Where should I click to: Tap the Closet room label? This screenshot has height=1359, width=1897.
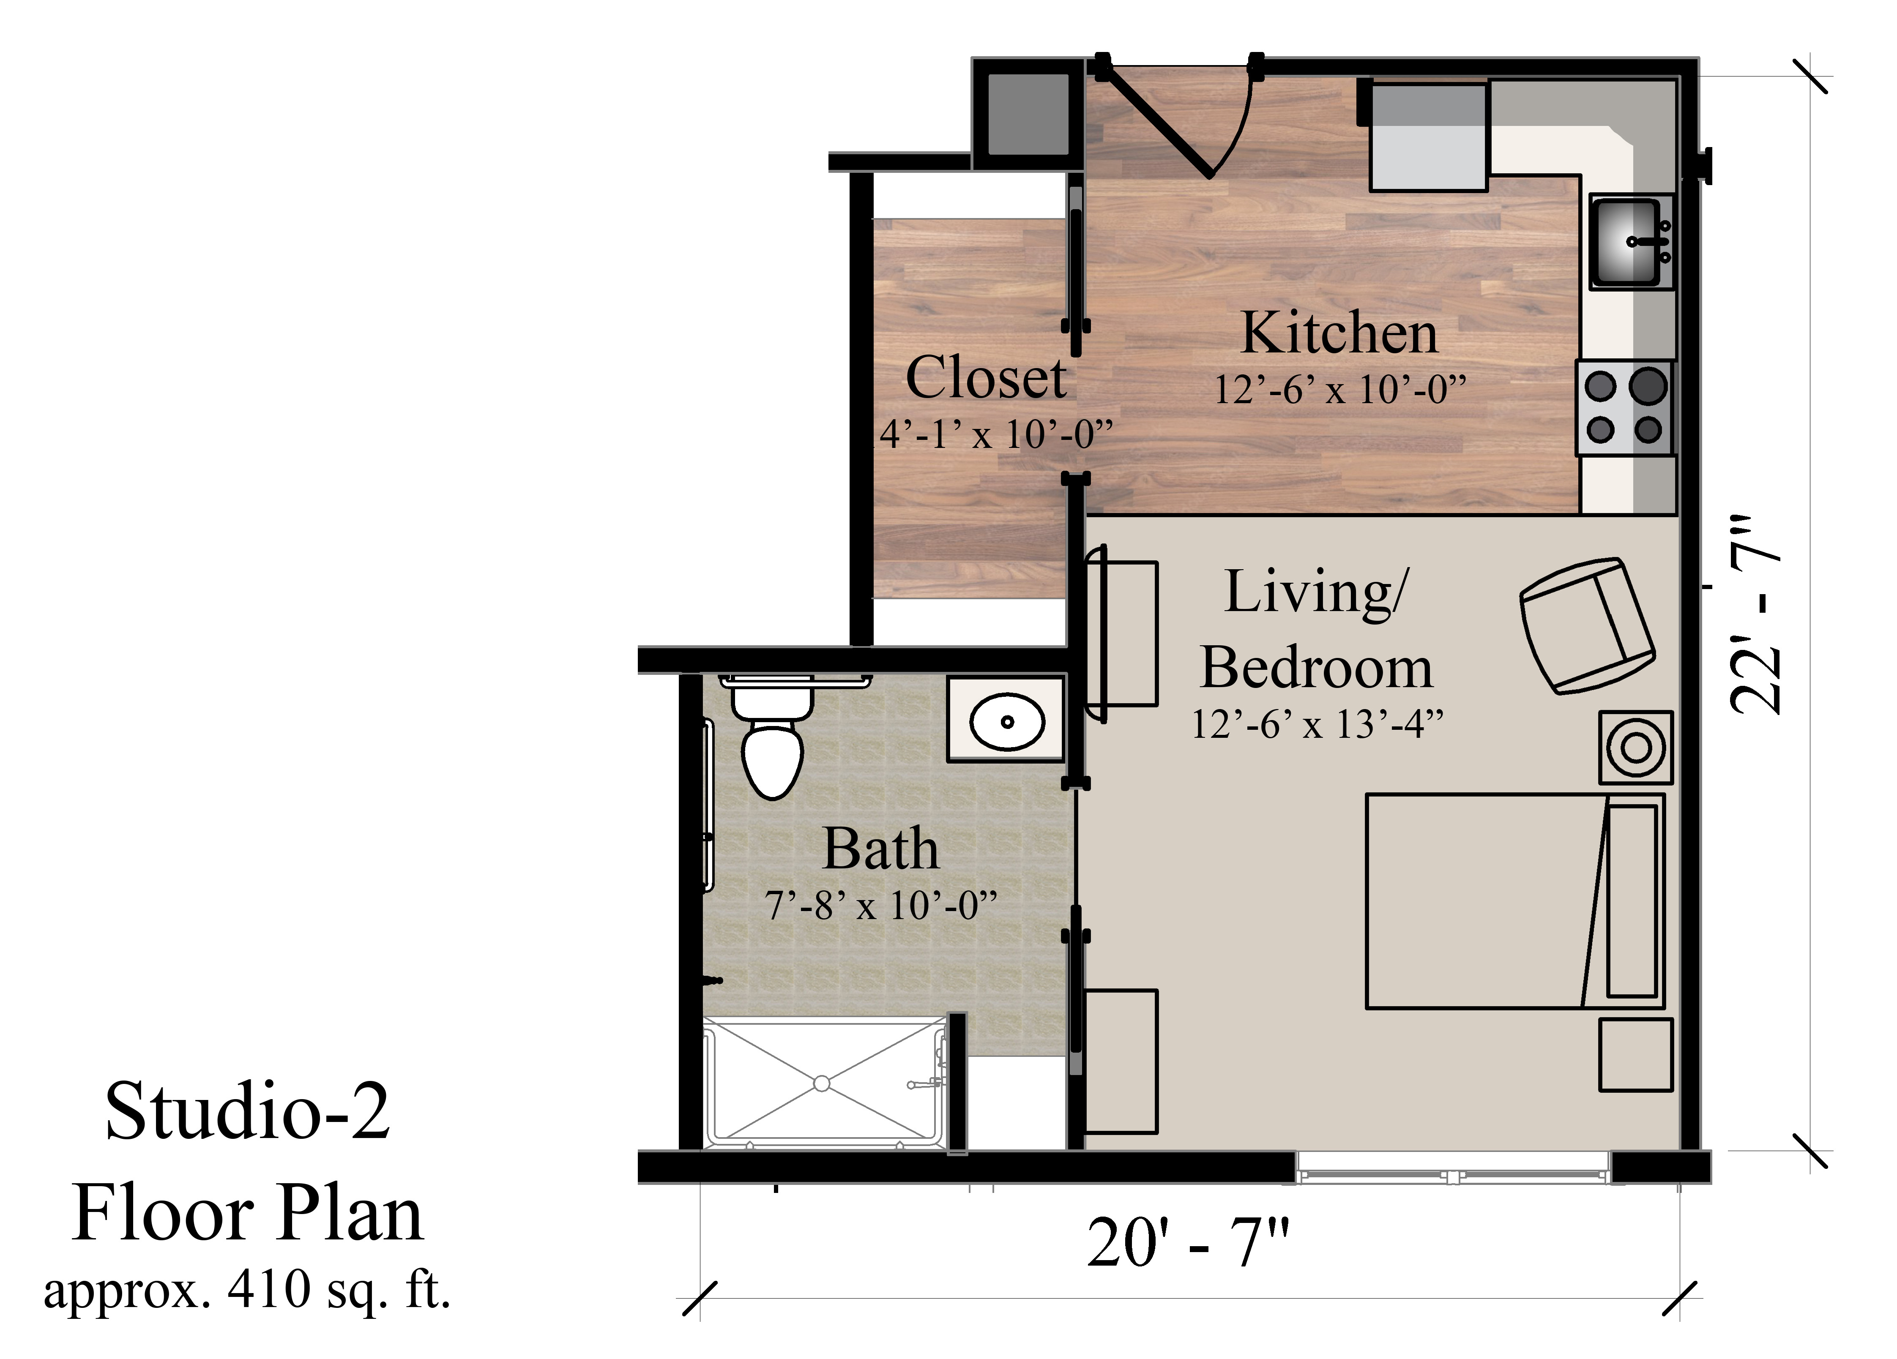click(985, 378)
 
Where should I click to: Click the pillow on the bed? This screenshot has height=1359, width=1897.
click(1631, 901)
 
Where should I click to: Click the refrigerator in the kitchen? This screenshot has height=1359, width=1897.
click(1428, 136)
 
